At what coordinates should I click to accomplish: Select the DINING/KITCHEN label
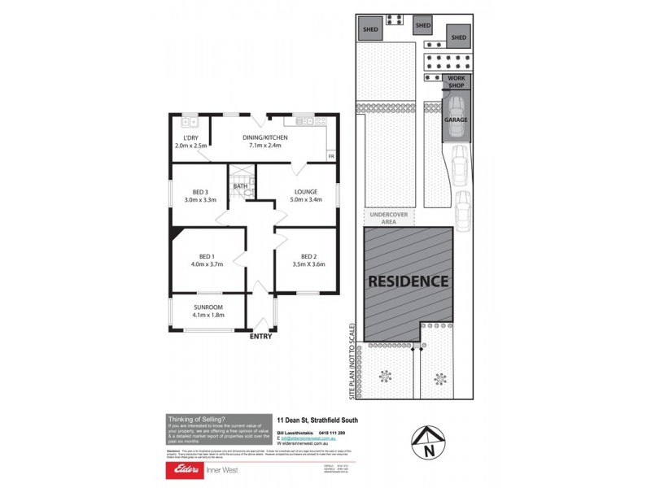click(x=264, y=138)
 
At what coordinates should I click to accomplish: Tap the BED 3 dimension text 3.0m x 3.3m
click(x=199, y=199)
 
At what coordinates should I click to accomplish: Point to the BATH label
click(x=240, y=186)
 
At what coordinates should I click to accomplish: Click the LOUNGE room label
click(x=306, y=192)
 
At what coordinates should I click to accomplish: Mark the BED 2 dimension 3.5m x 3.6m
click(x=308, y=264)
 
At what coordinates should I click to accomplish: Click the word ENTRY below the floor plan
click(x=261, y=337)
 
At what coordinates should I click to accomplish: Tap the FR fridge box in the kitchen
click(x=330, y=155)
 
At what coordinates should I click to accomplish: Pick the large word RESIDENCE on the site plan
click(x=409, y=281)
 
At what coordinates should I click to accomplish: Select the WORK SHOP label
click(x=456, y=82)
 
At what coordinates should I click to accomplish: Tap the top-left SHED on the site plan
click(x=371, y=30)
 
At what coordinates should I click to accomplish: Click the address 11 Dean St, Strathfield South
click(x=317, y=420)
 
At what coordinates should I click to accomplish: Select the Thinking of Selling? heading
click(x=198, y=418)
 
